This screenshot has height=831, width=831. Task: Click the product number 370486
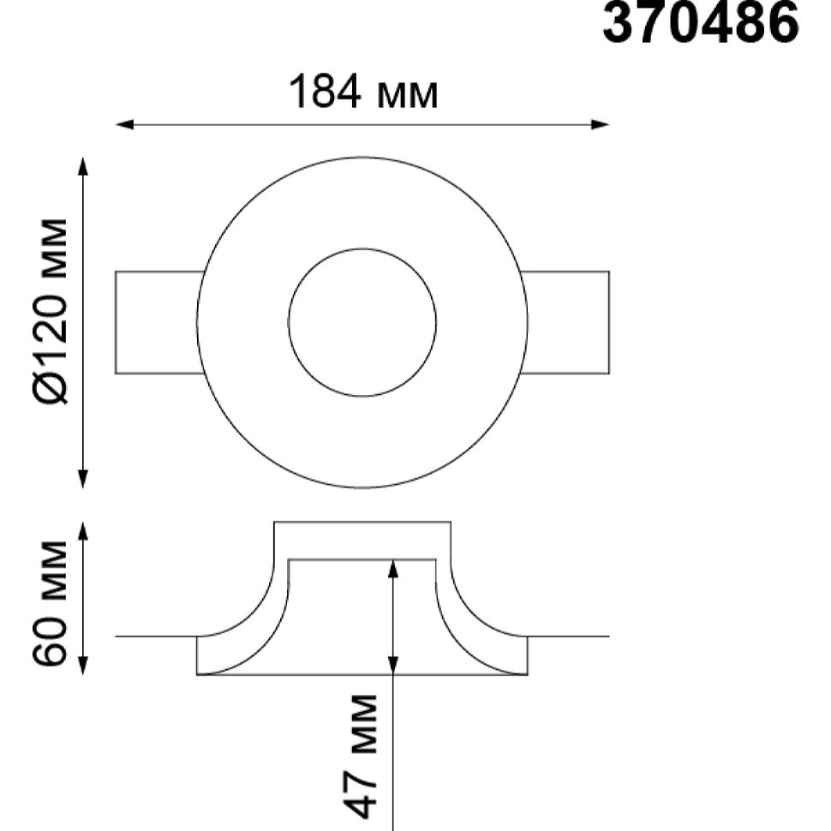[701, 21]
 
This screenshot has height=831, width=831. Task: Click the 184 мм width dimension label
[363, 93]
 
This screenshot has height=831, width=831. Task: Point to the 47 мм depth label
[361, 756]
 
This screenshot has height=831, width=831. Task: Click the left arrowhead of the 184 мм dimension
[124, 124]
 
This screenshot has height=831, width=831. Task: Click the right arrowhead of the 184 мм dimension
[600, 124]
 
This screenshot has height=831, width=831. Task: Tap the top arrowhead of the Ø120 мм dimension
[82, 166]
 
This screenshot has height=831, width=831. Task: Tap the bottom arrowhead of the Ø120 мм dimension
[82, 479]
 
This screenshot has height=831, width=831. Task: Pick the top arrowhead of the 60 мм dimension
[82, 531]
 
